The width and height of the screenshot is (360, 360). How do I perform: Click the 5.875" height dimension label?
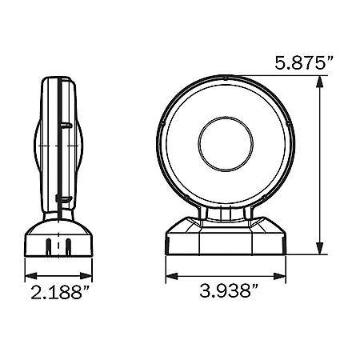point(304,63)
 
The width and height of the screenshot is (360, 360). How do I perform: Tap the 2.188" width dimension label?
point(60,292)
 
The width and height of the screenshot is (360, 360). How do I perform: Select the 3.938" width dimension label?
point(229,290)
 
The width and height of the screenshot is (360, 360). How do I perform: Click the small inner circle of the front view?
point(226,144)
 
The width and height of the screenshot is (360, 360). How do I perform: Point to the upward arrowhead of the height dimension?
point(319,82)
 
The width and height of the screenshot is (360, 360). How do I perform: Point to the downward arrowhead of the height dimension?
point(319,248)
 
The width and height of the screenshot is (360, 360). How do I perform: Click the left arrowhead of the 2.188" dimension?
point(30,276)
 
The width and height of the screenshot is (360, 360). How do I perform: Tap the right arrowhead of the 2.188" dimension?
point(86,276)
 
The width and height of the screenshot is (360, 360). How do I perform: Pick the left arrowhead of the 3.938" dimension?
point(172,276)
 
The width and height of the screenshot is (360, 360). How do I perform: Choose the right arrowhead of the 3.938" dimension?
point(280,276)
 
